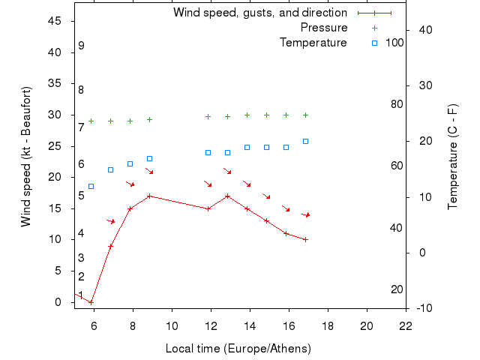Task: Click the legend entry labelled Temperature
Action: coord(313,43)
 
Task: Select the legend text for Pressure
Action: coord(324,28)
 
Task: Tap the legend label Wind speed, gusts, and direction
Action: coord(260,13)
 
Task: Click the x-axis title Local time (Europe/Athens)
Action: coord(238,349)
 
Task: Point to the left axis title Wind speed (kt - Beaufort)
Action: coord(25,157)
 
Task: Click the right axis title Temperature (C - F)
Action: coord(452,157)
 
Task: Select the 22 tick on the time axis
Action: coord(406,325)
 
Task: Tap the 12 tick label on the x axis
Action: coord(211,325)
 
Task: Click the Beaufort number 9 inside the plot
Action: coord(81,46)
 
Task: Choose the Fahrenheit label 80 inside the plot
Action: coord(397,103)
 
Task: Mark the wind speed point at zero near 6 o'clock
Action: coord(91,302)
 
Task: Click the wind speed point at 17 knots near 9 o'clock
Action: coord(149,196)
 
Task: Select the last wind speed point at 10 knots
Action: coord(305,240)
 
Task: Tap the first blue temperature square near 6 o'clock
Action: coord(91,186)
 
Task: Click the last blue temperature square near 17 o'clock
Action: coord(305,141)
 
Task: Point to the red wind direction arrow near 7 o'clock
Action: coord(111,221)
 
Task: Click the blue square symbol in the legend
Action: coord(375,43)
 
